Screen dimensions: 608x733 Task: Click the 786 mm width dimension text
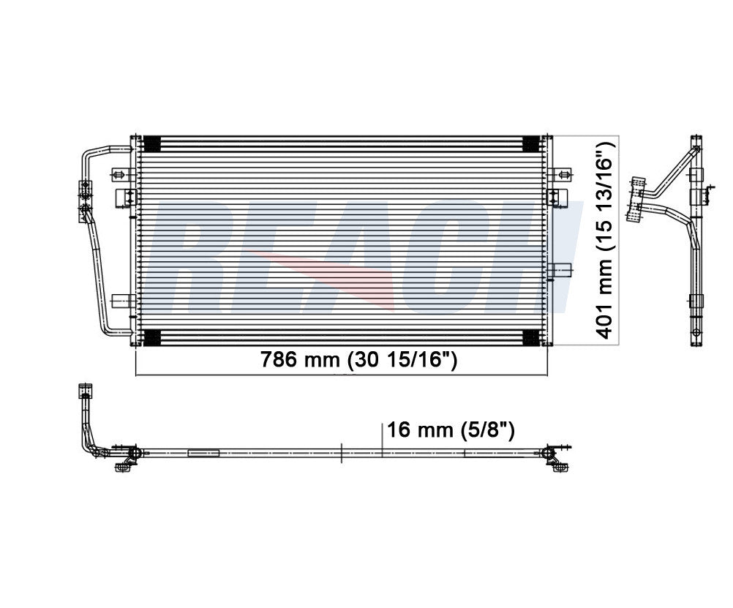tap(359, 360)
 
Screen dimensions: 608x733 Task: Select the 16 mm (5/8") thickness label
tap(451, 429)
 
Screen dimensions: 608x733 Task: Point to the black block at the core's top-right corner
tap(531, 143)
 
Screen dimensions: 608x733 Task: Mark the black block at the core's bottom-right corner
tap(531, 337)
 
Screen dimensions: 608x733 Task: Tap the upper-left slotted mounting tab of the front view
tap(121, 175)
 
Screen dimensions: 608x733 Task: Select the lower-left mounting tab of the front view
tap(122, 300)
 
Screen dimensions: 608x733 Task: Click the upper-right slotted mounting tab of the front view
tap(560, 175)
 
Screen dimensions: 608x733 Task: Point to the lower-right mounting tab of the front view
tap(560, 270)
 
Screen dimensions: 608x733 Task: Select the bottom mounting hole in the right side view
tap(696, 332)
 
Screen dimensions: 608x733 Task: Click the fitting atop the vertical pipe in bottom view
tap(86, 391)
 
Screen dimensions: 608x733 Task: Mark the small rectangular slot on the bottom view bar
tap(203, 453)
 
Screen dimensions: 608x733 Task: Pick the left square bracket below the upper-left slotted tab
tap(127, 197)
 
